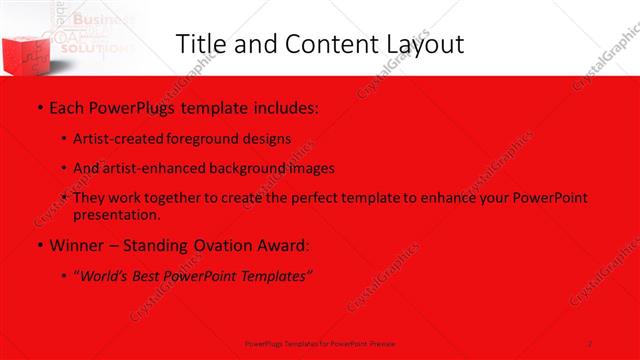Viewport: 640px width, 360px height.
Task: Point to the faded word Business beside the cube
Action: pyautogui.click(x=99, y=19)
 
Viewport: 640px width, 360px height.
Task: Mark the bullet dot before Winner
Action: pyautogui.click(x=38, y=245)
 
